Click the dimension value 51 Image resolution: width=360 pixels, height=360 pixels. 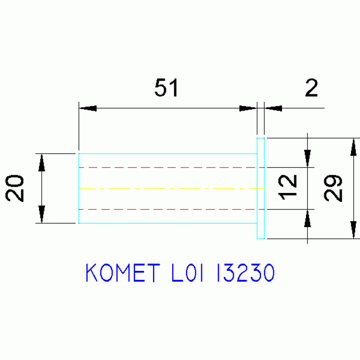pos(167,87)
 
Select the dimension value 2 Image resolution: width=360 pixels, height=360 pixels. pos(312,87)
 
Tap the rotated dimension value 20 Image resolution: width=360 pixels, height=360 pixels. pos(14,188)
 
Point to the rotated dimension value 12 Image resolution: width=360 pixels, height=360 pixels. pos(287,187)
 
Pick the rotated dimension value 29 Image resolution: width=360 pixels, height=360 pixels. pos(333,188)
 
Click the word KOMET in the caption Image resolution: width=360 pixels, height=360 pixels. pos(123,273)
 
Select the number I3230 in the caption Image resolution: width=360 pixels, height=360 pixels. pos(246,273)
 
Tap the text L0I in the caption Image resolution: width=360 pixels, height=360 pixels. pos(188,273)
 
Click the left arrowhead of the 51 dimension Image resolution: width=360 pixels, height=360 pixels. pos(88,108)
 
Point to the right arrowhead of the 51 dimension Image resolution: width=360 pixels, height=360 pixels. pos(248,108)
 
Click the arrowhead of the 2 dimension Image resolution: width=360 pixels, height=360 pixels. pos(273,108)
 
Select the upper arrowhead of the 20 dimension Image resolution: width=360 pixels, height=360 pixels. pos(42,162)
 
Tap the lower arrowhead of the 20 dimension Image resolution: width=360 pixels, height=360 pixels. pos(42,214)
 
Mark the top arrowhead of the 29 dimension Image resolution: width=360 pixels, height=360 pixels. pos(353,147)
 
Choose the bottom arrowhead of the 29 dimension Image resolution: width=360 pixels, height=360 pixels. pos(353,230)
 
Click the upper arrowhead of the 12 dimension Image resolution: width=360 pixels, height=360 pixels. pos(307,159)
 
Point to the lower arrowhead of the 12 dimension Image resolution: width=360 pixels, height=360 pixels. pos(307,218)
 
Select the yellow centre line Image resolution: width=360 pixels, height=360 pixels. pos(171,189)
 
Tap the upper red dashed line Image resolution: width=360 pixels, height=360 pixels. pos(171,168)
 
